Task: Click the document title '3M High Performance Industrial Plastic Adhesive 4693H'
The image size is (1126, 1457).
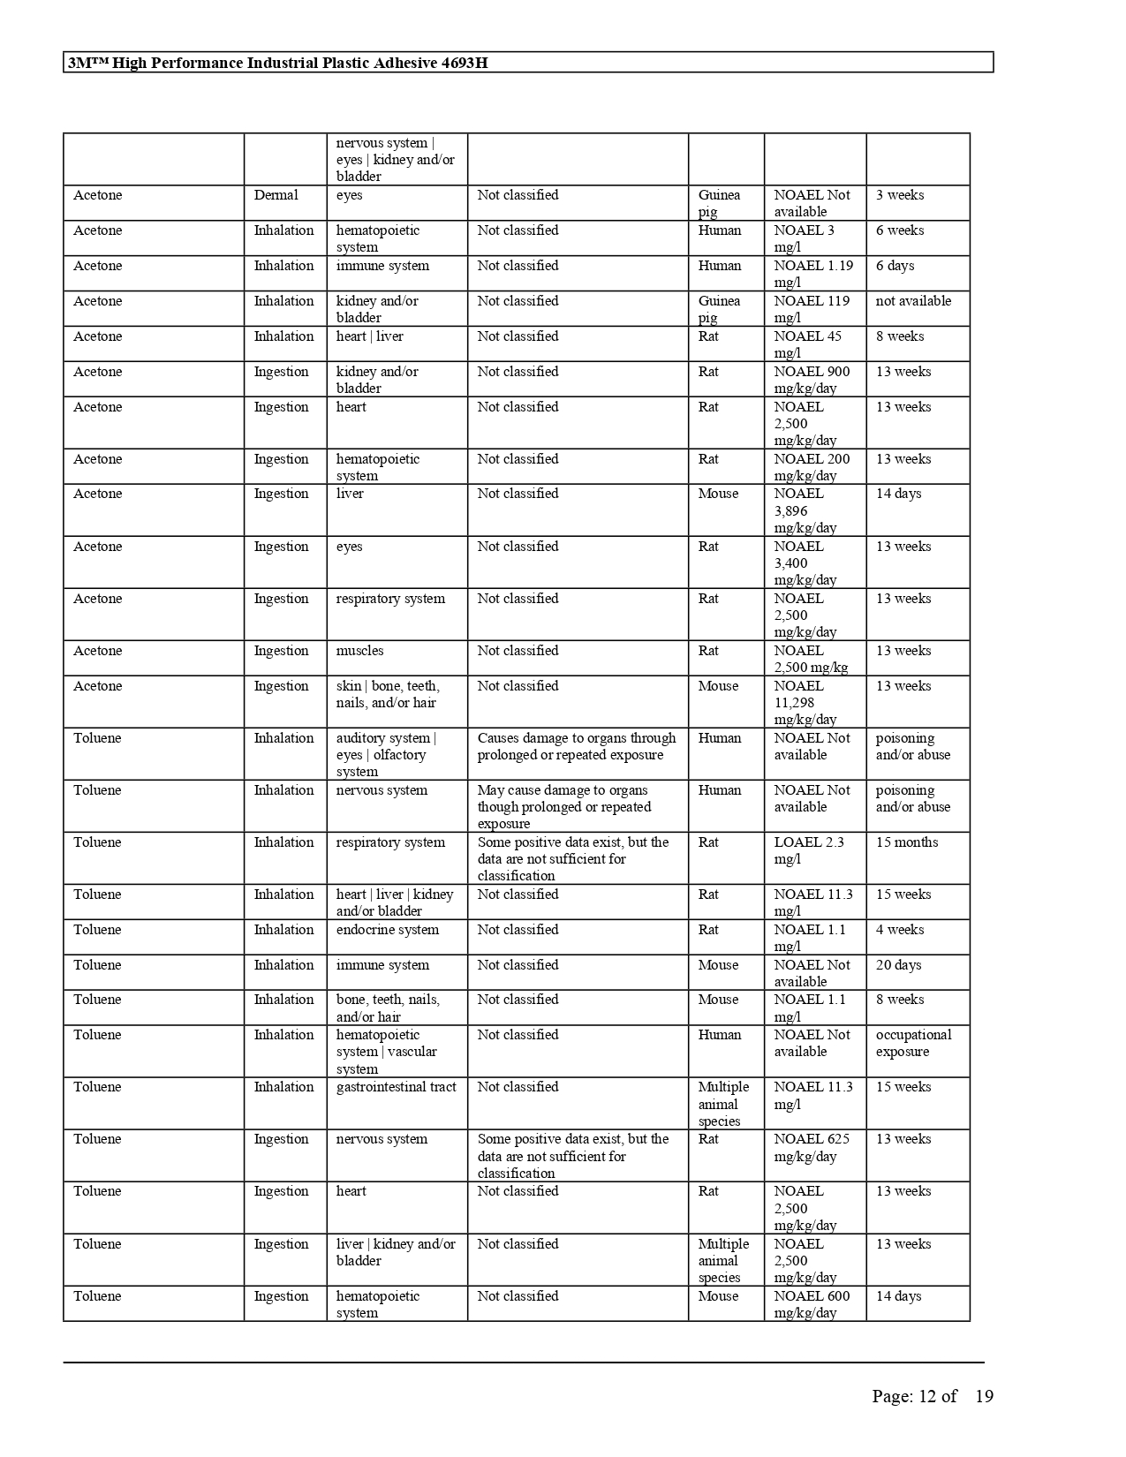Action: (x=277, y=63)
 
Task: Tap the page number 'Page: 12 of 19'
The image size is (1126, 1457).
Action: (x=932, y=1396)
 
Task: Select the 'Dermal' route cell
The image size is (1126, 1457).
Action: (x=276, y=195)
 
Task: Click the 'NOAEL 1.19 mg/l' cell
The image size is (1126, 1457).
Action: (x=813, y=274)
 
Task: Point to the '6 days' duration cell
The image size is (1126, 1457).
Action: (x=895, y=266)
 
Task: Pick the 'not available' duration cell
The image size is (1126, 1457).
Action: (x=913, y=301)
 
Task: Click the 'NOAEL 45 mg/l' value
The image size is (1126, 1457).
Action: (x=808, y=344)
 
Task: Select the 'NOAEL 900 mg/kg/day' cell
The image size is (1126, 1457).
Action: (x=812, y=380)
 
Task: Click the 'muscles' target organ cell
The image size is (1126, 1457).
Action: (x=360, y=651)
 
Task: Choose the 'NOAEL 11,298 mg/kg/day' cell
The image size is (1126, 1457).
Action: (x=805, y=703)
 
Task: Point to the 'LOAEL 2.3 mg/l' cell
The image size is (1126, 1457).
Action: (x=808, y=850)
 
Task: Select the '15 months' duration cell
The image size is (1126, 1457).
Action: (x=907, y=842)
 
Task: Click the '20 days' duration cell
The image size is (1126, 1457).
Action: (x=898, y=965)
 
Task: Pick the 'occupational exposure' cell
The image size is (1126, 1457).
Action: (x=913, y=1043)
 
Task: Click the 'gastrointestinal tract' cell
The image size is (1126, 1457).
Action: (x=396, y=1087)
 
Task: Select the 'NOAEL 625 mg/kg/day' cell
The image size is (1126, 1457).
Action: (x=812, y=1148)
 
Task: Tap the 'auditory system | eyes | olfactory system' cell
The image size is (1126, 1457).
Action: (x=386, y=755)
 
